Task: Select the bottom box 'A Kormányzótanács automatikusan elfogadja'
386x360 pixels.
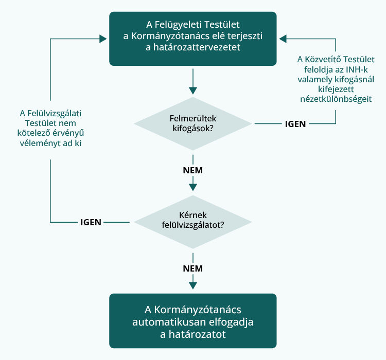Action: [193, 321]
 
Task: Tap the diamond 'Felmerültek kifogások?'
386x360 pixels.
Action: [193, 123]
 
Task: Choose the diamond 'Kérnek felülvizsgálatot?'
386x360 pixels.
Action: [193, 222]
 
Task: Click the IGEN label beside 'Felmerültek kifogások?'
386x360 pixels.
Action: [295, 124]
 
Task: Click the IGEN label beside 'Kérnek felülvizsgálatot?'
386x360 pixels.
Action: [91, 222]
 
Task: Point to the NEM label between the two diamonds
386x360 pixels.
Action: [193, 170]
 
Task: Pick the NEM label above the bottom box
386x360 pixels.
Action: [193, 268]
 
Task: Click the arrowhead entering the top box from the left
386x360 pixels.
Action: [103, 39]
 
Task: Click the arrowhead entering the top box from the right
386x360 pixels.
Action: [283, 39]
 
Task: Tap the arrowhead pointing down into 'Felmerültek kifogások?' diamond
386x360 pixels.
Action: [193, 90]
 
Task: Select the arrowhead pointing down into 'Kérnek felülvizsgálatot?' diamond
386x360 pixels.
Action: [193, 188]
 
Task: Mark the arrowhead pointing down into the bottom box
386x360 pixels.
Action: [193, 286]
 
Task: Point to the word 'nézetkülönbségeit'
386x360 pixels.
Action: [335, 99]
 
